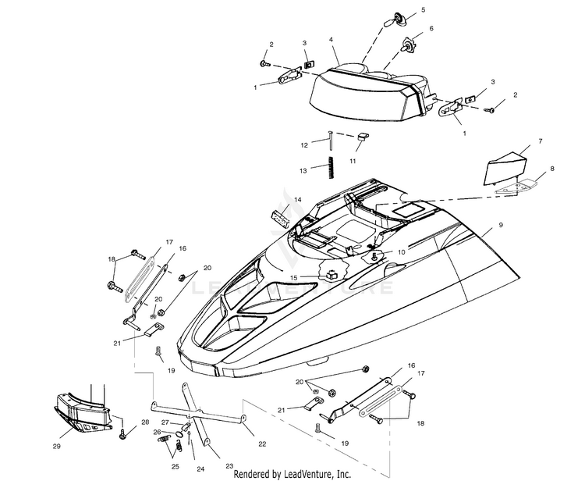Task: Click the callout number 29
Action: point(55,446)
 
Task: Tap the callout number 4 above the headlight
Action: point(331,40)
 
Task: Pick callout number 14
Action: point(297,200)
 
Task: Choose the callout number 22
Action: point(262,444)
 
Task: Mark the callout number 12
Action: point(304,145)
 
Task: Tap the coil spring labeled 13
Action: point(331,166)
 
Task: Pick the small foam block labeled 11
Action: point(362,140)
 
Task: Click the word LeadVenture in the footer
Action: point(302,473)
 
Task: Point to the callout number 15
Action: point(293,277)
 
